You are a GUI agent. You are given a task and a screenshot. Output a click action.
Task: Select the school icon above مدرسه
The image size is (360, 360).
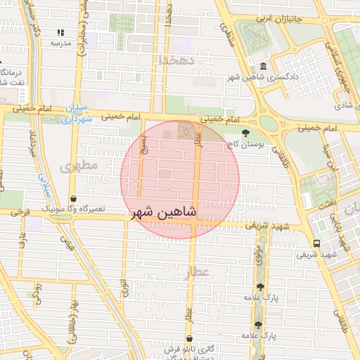[x=60, y=32]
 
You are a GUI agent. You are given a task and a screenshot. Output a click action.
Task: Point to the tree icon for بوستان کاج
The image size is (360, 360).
[x=245, y=133]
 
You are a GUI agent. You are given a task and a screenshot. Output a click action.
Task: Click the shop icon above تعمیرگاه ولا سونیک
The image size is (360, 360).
[x=74, y=199]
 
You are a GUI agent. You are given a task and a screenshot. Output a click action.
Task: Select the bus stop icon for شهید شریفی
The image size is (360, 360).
[x=316, y=243]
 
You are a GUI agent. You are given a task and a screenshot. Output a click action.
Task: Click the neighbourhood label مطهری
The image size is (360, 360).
[x=76, y=167]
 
